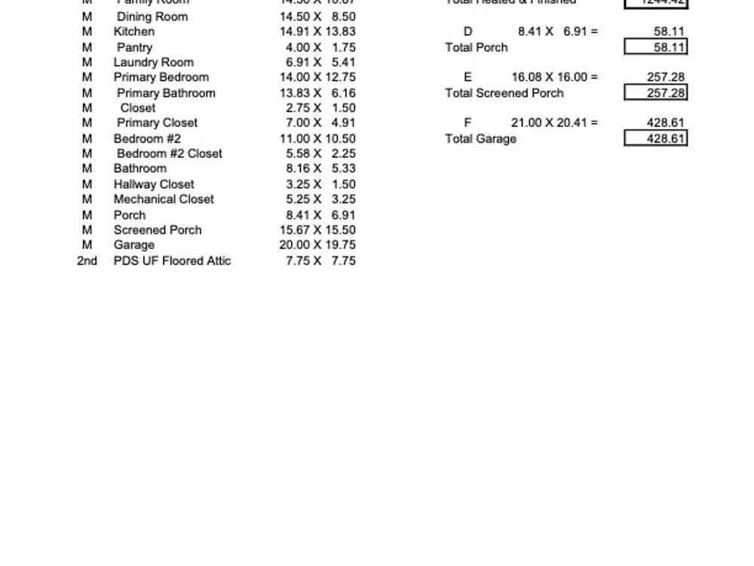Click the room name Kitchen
(x=134, y=32)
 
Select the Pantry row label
(x=134, y=48)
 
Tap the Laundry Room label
(x=154, y=63)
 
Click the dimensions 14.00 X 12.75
(x=317, y=77)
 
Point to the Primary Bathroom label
(x=166, y=93)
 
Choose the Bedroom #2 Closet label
(x=170, y=154)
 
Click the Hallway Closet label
(x=154, y=184)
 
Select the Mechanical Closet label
(x=164, y=199)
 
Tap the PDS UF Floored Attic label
(x=172, y=260)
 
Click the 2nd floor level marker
(x=87, y=260)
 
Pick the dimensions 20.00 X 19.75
(x=317, y=245)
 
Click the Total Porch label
(x=477, y=48)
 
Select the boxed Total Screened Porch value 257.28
(x=656, y=93)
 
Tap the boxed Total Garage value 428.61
(x=656, y=139)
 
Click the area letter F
(x=467, y=123)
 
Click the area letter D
(x=467, y=32)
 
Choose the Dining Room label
(x=152, y=17)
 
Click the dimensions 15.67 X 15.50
(x=317, y=230)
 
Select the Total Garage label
(x=481, y=139)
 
